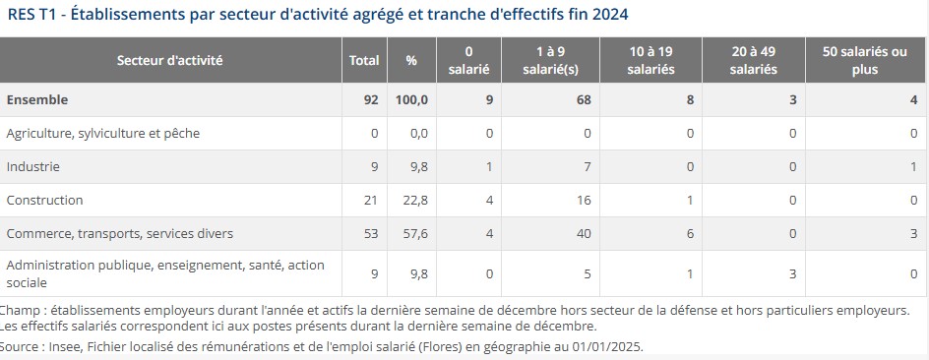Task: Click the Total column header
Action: [364, 60]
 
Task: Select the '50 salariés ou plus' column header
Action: [864, 60]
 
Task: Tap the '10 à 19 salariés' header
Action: [650, 60]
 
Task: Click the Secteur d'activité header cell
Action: [170, 60]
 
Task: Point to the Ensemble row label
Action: [37, 99]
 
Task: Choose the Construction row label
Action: [44, 200]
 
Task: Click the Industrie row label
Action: [33, 167]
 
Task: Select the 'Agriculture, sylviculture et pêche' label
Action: [103, 134]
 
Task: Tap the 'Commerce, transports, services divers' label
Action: [120, 234]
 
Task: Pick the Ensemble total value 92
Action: [371, 100]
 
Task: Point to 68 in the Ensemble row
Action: [584, 100]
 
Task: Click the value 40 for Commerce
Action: [584, 234]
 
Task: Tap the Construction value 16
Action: [584, 200]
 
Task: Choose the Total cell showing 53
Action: [371, 234]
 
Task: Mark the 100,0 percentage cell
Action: [411, 100]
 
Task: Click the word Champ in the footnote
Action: [22, 310]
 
